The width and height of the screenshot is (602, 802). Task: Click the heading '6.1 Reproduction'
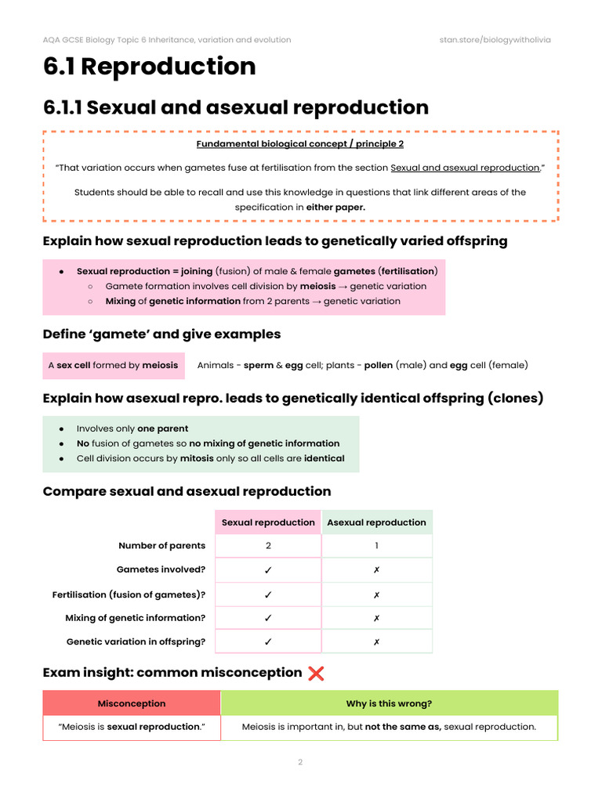149,67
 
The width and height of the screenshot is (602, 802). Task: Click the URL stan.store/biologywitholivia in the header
495,40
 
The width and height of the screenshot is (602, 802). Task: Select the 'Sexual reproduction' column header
268,522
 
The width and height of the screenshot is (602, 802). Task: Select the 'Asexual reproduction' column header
376,522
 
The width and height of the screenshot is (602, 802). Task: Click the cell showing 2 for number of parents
268,546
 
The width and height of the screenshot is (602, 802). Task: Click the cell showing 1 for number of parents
376,546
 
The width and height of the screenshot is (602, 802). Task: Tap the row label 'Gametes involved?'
161,569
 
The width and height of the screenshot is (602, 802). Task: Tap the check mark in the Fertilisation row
268,594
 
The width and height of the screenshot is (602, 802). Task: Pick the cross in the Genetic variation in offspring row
376,641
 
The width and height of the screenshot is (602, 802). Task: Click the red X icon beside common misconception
316,673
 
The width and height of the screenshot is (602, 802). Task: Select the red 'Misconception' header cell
131,703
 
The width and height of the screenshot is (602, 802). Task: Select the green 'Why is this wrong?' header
389,703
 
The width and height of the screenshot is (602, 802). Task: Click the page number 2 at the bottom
300,762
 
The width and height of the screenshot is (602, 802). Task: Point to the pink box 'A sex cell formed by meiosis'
113,365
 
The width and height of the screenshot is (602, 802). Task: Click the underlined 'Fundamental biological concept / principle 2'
300,144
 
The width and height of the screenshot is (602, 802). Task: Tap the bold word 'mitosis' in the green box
197,458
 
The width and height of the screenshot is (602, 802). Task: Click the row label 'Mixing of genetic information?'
135,618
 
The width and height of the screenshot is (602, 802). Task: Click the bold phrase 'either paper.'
335,207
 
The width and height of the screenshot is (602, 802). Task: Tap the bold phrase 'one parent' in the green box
162,428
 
